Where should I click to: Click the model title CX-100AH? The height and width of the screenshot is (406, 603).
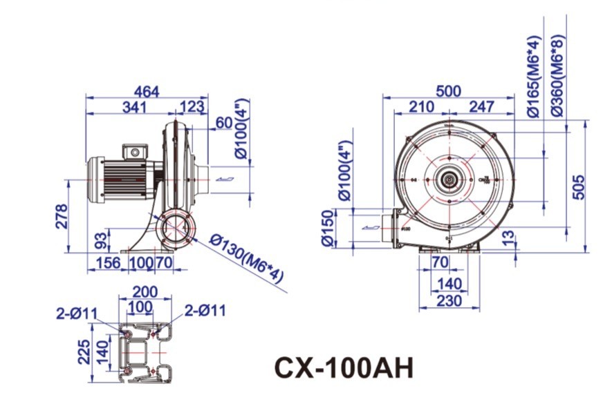pyautogui.click(x=344, y=367)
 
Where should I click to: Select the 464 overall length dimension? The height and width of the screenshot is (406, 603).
pyautogui.click(x=146, y=91)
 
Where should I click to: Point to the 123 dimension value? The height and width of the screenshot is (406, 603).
pyautogui.click(x=192, y=107)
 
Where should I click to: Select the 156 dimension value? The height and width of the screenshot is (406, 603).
pyautogui.click(x=107, y=263)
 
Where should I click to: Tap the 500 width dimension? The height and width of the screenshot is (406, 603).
pyautogui.click(x=449, y=91)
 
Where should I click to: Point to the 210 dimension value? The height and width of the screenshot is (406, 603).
pyautogui.click(x=421, y=107)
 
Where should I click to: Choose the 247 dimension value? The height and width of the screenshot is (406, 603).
pyautogui.click(x=481, y=107)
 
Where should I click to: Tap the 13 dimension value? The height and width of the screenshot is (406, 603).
pyautogui.click(x=528, y=238)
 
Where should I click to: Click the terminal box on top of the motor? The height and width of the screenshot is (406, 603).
pyautogui.click(x=135, y=151)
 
